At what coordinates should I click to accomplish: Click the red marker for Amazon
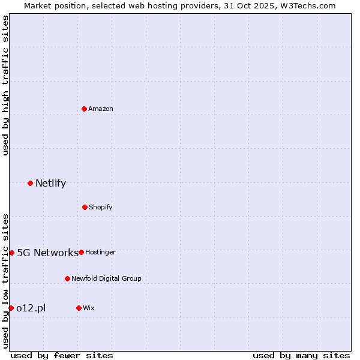tap(84, 109)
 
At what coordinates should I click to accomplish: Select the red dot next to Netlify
tap(30, 183)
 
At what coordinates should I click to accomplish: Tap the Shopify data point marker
tap(85, 207)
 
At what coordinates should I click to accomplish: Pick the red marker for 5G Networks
tap(11, 253)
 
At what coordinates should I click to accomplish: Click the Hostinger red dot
tap(81, 252)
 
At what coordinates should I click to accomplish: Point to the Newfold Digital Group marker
tap(67, 278)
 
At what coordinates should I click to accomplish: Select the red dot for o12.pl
tap(11, 308)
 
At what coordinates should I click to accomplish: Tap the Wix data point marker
tap(79, 308)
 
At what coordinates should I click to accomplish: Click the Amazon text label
tap(101, 109)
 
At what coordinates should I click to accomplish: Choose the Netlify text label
tap(50, 184)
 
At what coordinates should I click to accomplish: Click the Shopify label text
tap(101, 207)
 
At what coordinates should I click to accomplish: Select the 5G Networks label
tap(47, 253)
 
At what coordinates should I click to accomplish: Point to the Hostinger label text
tap(100, 252)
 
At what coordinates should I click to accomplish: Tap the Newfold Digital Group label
tap(106, 278)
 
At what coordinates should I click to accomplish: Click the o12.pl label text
tap(31, 308)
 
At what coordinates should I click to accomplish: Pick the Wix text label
tap(89, 308)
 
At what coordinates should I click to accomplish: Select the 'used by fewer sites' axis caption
tap(62, 355)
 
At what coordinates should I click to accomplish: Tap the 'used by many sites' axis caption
tap(301, 355)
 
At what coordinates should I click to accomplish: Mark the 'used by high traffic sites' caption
tap(5, 85)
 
